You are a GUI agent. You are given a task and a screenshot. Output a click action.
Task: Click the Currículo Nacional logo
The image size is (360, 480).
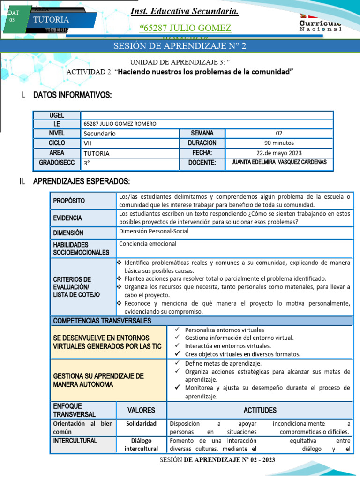(321, 24)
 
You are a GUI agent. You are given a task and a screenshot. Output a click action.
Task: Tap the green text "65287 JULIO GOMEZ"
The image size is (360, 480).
(186, 29)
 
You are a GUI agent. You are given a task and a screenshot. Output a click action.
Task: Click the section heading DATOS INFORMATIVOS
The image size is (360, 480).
(72, 95)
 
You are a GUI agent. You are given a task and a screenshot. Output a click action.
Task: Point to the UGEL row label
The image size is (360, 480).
(57, 115)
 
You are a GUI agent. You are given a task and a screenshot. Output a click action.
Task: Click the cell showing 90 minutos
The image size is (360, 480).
(279, 143)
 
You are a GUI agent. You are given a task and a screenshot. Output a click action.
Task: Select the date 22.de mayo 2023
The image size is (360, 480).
(279, 153)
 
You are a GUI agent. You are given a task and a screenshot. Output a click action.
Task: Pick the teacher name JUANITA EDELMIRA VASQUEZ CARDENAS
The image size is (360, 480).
(279, 162)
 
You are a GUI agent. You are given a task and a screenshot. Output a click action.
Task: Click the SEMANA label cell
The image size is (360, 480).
(202, 134)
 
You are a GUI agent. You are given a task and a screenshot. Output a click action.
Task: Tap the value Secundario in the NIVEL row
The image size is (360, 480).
(99, 134)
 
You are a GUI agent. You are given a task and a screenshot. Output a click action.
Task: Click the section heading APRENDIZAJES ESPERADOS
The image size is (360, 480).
(81, 181)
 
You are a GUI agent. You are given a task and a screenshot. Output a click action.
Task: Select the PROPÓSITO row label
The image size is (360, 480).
(69, 201)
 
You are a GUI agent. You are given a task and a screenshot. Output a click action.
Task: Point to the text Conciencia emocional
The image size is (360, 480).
(148, 244)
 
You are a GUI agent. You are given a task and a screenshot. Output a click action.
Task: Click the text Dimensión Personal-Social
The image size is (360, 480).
(154, 231)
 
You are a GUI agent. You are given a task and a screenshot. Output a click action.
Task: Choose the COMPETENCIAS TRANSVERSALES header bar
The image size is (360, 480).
(102, 321)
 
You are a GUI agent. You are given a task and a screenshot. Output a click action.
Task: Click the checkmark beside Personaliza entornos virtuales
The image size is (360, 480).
(177, 330)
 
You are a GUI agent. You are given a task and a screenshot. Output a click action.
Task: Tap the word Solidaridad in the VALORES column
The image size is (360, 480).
(141, 423)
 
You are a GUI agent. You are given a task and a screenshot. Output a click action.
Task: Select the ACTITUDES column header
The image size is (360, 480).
(259, 410)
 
